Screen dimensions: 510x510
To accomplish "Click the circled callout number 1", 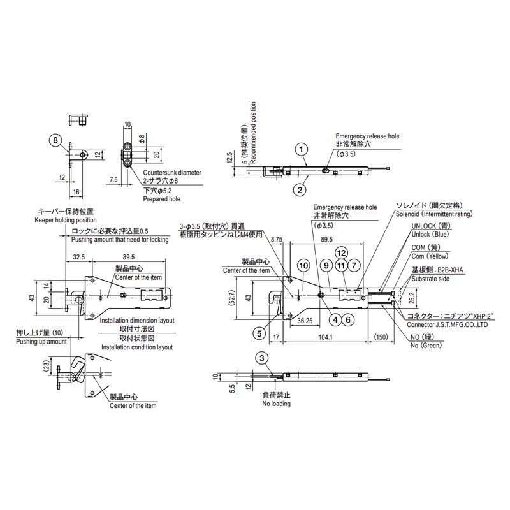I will pos(301,149).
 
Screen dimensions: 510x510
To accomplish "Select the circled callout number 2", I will pos(298,189).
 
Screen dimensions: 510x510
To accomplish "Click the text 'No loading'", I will pos(276,404).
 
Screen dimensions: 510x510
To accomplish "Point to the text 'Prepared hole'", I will pos(161,200).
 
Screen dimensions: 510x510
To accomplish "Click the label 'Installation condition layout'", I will pos(137,347).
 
